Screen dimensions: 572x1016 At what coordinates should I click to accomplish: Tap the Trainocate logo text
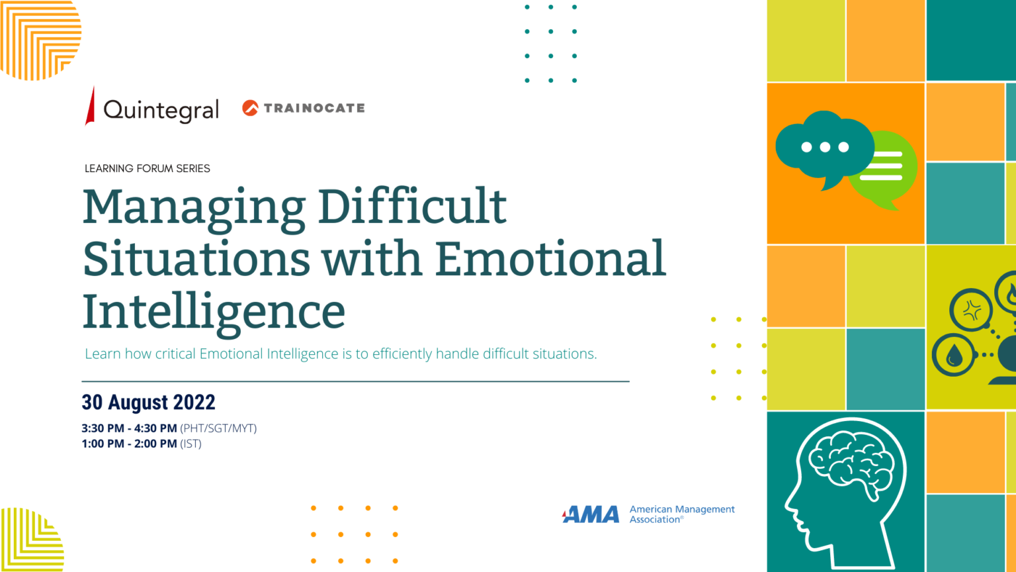click(x=314, y=108)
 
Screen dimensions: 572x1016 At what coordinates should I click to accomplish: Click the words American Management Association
click(x=681, y=514)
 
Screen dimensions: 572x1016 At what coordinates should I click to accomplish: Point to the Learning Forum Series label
click(x=148, y=169)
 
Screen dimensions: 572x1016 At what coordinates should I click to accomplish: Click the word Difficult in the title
click(x=412, y=206)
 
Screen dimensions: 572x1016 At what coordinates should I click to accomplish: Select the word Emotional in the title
click(x=550, y=258)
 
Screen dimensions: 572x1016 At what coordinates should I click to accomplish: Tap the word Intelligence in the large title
click(x=214, y=311)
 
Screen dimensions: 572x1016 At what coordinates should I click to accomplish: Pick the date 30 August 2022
click(x=149, y=403)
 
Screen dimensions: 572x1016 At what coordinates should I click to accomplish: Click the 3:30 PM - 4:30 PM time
click(x=130, y=428)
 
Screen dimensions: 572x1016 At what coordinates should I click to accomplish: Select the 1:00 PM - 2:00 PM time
click(x=130, y=444)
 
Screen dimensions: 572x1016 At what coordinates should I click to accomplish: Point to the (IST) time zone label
click(x=190, y=444)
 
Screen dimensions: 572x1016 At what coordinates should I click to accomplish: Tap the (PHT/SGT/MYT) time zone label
click(x=218, y=428)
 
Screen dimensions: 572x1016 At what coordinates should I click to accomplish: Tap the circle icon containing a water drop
click(x=954, y=356)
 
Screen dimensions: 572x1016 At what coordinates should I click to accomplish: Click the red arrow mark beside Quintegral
click(x=91, y=106)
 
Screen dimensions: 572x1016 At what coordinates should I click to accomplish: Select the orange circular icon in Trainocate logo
click(x=250, y=108)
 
